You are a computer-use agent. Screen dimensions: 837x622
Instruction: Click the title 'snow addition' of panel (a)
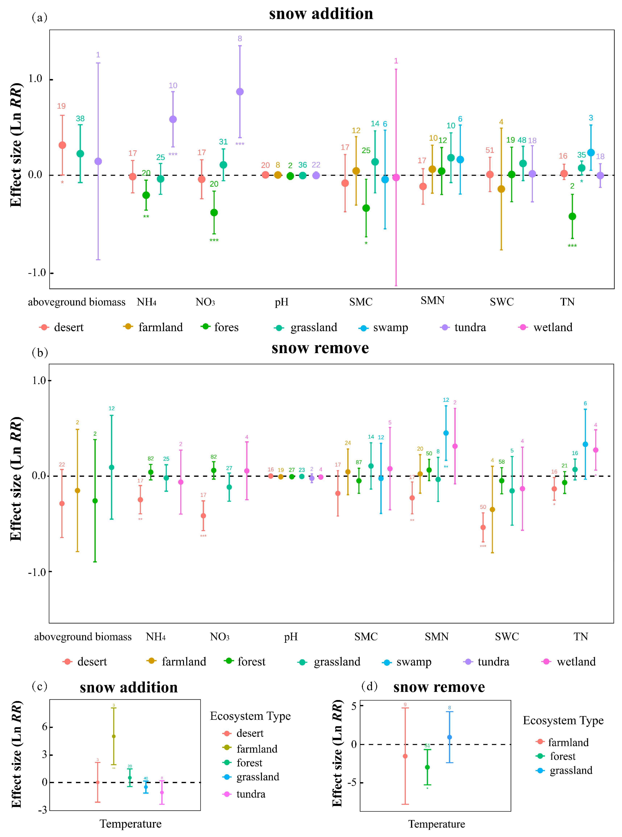[321, 14]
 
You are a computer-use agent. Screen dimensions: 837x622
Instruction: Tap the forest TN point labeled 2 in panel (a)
[572, 216]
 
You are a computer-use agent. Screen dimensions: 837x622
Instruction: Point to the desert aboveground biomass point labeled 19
[63, 145]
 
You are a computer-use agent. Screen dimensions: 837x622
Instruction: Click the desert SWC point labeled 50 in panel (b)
[483, 527]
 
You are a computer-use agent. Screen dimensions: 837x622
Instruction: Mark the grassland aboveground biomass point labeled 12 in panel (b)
[111, 468]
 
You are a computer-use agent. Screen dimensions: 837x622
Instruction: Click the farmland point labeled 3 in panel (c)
[114, 736]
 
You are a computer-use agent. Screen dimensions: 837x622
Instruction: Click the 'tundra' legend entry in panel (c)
[251, 794]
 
